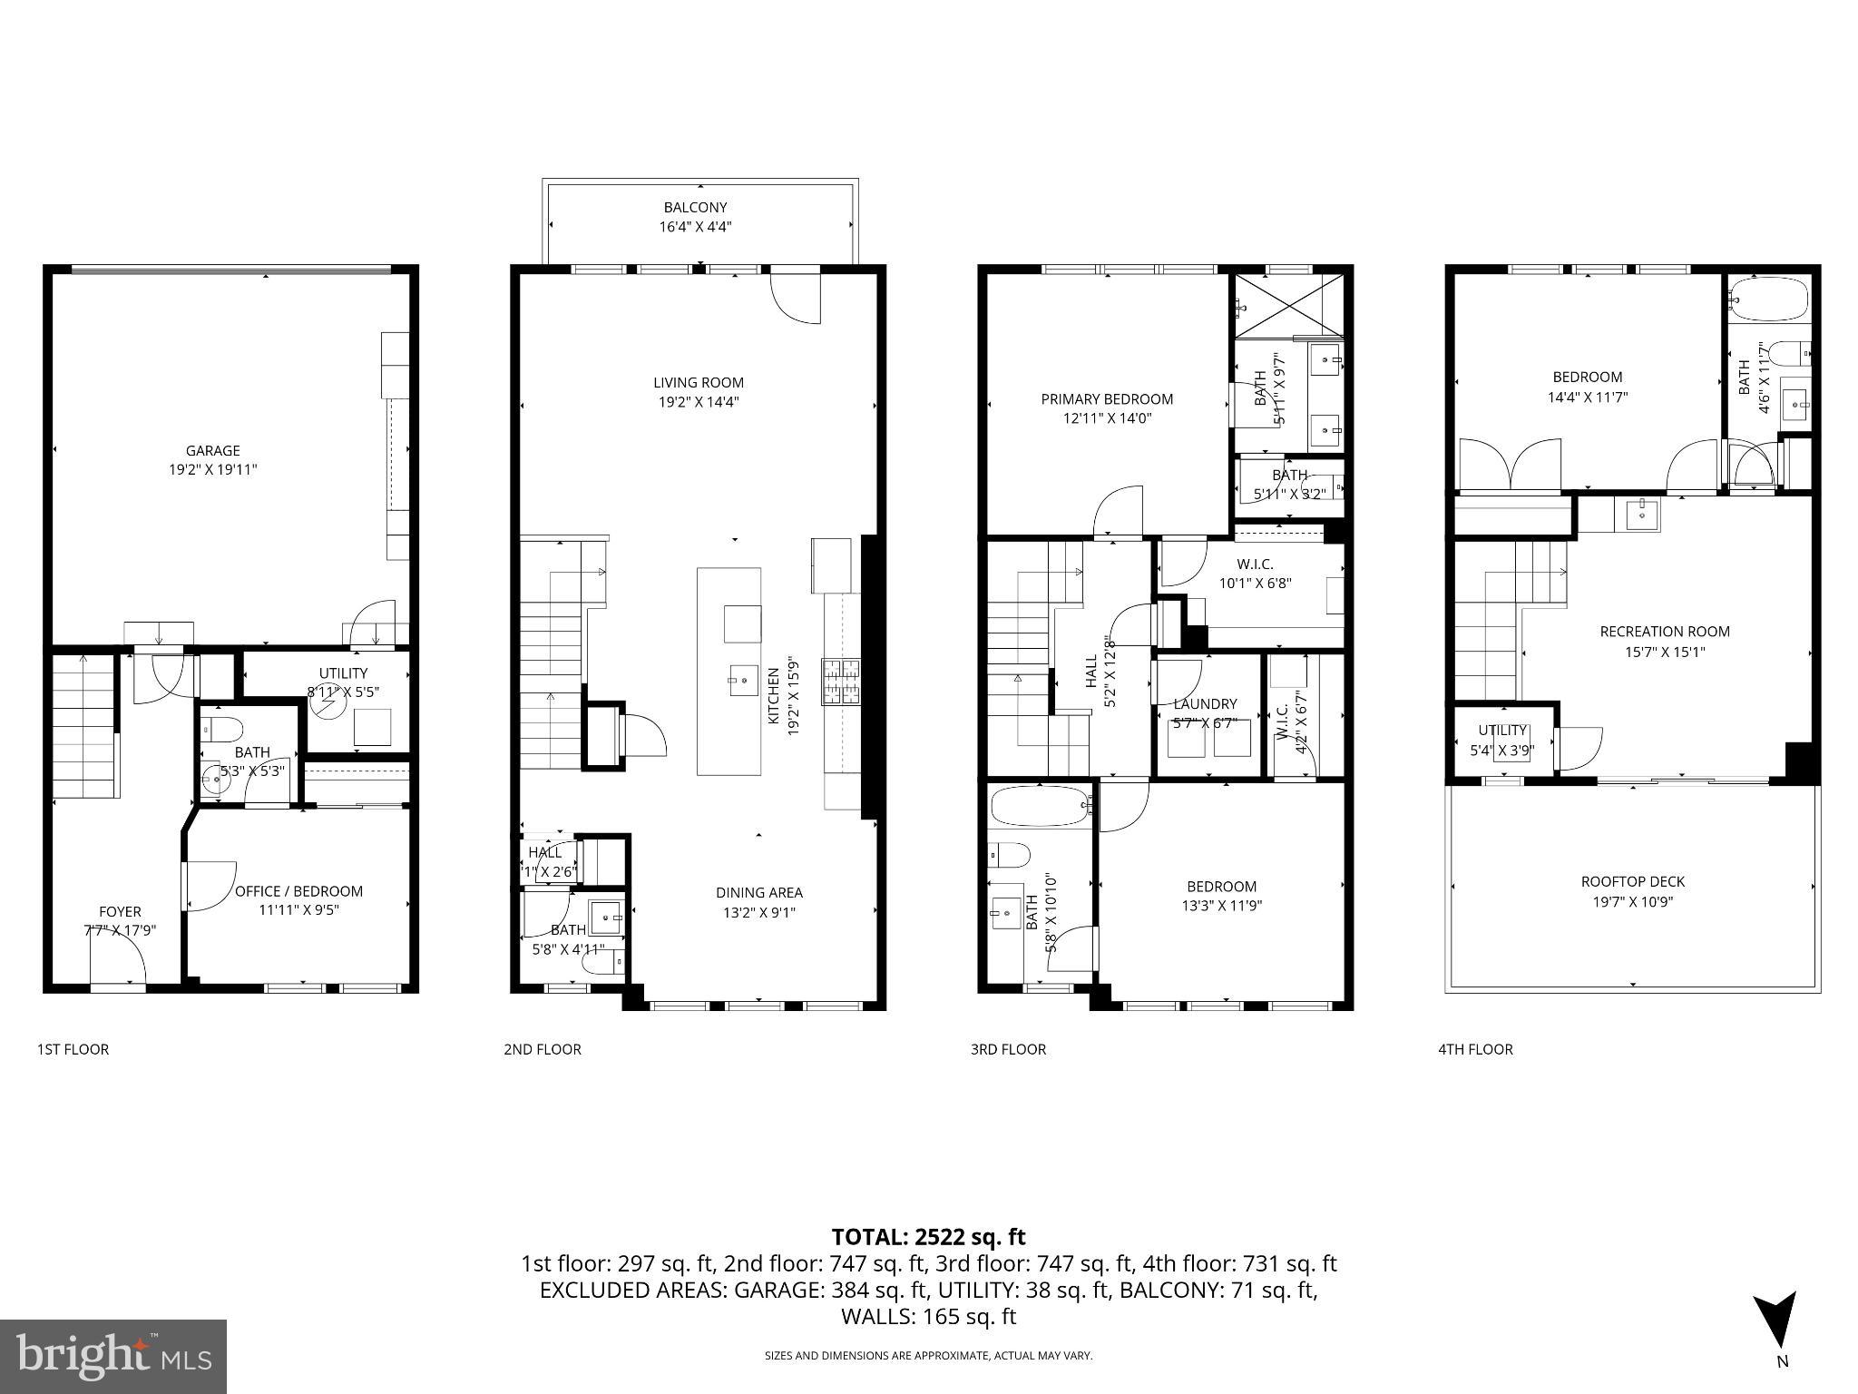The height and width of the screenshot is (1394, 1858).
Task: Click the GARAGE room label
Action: [212, 450]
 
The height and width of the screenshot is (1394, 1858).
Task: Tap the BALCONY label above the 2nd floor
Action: [695, 207]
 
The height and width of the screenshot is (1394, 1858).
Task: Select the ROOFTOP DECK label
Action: [1632, 881]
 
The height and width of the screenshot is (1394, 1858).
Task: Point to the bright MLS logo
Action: [113, 1357]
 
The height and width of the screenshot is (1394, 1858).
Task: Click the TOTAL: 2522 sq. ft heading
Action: [928, 1236]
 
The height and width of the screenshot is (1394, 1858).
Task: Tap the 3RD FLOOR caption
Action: [1008, 1049]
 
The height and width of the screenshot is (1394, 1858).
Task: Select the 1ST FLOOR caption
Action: [73, 1049]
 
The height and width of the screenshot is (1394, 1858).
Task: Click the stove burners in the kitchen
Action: [840, 682]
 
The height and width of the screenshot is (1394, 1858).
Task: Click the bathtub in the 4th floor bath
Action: [1768, 299]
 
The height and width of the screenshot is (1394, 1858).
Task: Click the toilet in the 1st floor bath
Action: [223, 728]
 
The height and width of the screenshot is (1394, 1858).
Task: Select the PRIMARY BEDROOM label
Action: [1106, 398]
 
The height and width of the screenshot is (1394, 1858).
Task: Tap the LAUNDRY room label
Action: [1205, 703]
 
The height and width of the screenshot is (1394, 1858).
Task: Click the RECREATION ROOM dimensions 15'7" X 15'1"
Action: [1665, 651]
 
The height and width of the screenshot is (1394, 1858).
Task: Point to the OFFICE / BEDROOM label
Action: [298, 891]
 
